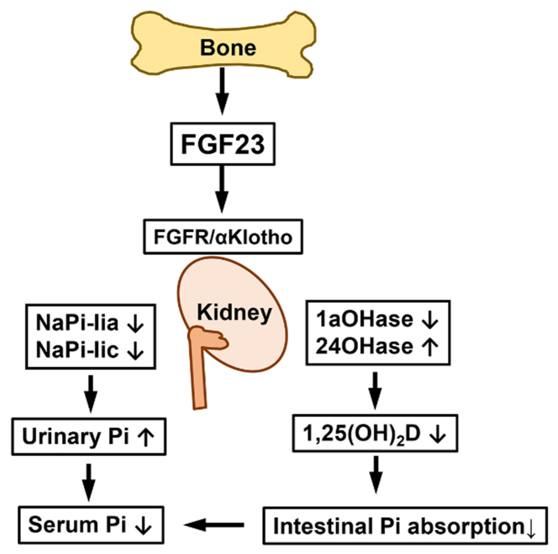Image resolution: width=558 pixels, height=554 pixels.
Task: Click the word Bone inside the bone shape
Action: point(228,48)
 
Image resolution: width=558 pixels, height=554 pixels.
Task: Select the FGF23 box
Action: point(223,144)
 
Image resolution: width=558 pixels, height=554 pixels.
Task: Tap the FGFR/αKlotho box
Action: point(223,237)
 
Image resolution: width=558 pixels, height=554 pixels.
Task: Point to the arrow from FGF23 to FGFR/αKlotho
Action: point(222,188)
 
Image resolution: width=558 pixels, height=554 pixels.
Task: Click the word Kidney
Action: point(234,313)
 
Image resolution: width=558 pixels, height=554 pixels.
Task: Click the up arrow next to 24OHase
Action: point(430,347)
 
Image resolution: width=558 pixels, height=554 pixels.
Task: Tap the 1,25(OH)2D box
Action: point(375,433)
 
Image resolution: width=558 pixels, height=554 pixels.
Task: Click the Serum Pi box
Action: point(91,525)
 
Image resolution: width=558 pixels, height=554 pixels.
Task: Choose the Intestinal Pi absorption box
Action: point(405,526)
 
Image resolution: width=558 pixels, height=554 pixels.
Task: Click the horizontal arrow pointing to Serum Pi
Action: point(214,525)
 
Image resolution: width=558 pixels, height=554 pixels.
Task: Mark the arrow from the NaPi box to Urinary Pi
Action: point(91,393)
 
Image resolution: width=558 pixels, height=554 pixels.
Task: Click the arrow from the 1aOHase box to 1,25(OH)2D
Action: point(375,389)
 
